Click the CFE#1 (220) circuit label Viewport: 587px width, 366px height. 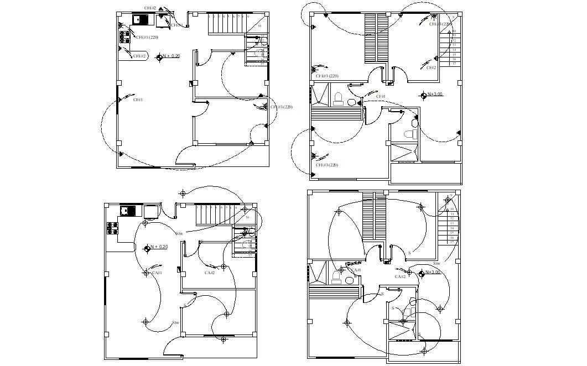147,37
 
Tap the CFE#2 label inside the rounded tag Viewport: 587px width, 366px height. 139,56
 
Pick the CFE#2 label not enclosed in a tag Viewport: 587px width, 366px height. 150,8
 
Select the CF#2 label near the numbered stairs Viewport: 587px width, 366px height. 432,67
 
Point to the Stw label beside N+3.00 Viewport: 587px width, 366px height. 436,264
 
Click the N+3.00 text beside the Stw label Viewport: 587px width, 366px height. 434,272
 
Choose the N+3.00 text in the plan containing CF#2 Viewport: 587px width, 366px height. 435,94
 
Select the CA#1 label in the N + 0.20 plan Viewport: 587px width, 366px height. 157,272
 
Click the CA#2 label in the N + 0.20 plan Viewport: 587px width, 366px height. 209,273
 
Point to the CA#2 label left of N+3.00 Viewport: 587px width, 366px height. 400,276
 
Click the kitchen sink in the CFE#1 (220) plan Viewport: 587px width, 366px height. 141,20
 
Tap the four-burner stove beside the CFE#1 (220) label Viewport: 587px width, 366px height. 124,36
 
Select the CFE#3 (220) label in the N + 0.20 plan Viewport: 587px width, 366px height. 281,107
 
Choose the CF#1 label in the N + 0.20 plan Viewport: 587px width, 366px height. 138,100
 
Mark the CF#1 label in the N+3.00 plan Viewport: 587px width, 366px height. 381,96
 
